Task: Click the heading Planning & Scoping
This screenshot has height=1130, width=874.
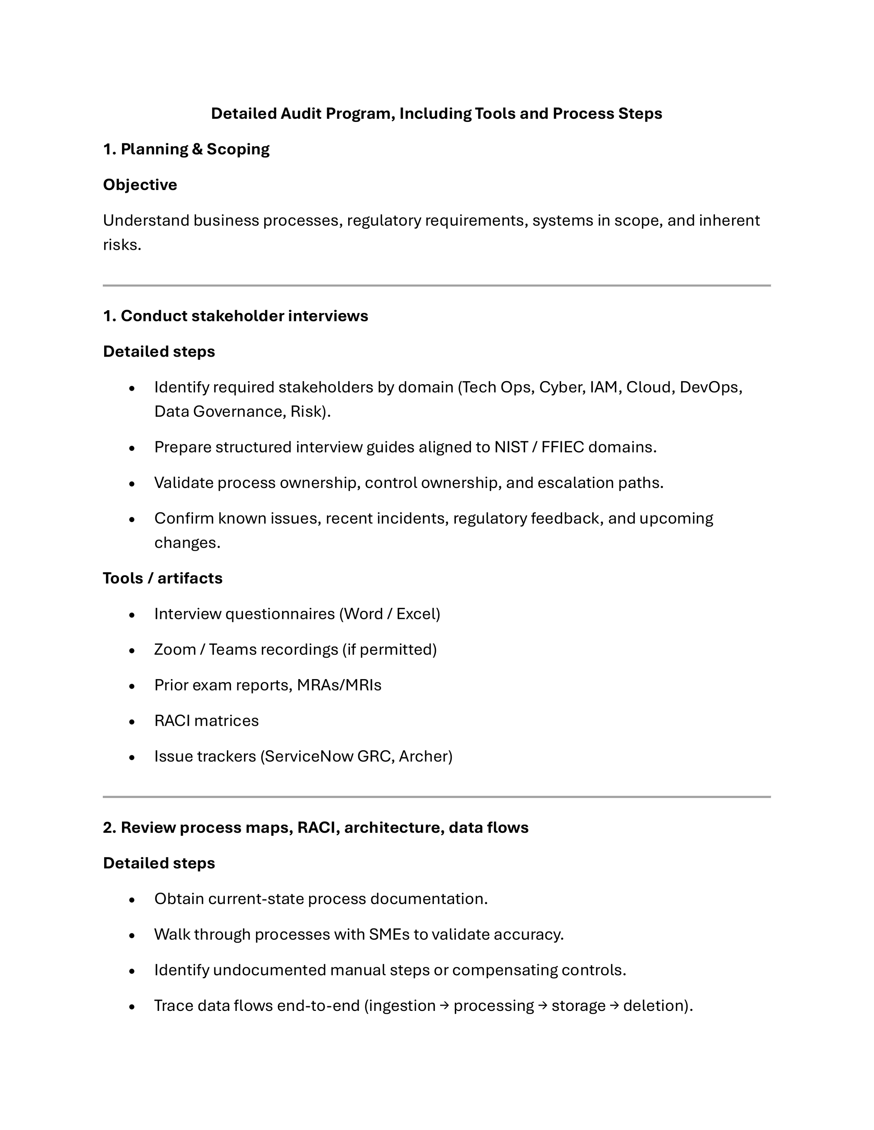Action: tap(195, 150)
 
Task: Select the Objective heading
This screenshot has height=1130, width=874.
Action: tap(140, 185)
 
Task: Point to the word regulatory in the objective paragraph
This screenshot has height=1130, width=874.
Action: tap(384, 221)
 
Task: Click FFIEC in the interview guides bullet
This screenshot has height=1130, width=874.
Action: tap(562, 447)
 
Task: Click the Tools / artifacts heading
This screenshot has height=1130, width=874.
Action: tap(163, 578)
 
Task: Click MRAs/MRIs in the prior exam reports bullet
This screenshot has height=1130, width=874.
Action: tap(339, 686)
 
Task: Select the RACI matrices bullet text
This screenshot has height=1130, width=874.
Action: tap(206, 721)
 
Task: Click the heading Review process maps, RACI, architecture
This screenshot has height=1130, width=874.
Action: tap(315, 828)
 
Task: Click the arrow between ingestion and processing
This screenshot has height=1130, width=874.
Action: tap(444, 1006)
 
